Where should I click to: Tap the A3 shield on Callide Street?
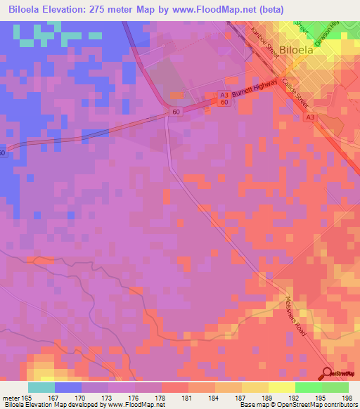pyautogui.click(x=311, y=119)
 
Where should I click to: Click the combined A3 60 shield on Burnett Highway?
pyautogui.click(x=224, y=99)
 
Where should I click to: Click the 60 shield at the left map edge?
pyautogui.click(x=3, y=152)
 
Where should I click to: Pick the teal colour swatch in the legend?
pyautogui.click(x=41, y=387)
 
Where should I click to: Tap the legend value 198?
pyautogui.click(x=344, y=398)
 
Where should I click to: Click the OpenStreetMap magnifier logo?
pyautogui.click(x=328, y=373)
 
